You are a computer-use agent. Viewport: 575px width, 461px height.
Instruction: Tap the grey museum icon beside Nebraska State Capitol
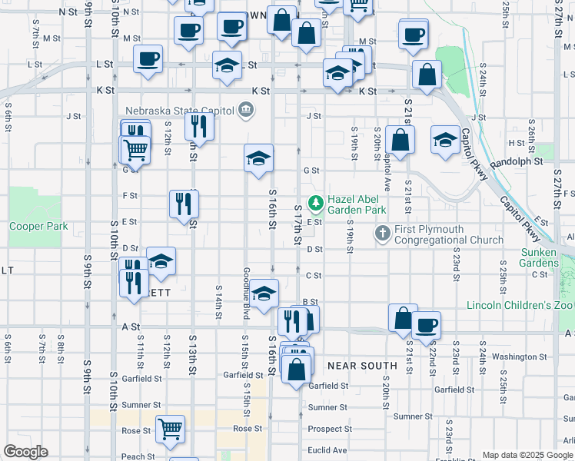245,111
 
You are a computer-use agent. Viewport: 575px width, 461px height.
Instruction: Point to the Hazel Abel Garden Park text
357,204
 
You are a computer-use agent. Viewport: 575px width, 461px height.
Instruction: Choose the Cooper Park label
38,227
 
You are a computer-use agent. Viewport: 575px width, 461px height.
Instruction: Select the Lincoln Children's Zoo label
520,305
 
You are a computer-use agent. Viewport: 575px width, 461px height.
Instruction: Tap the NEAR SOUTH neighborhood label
362,366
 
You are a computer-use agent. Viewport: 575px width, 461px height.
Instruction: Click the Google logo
26,452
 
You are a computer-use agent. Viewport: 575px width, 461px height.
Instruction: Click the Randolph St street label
516,162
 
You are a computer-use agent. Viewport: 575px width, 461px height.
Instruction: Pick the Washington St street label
519,357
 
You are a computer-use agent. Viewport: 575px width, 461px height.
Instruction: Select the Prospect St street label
330,429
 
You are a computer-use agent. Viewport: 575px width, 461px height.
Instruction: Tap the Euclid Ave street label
327,450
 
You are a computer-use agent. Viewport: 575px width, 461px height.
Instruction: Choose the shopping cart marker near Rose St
170,429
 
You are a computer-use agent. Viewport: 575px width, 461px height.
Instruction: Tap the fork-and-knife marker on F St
184,204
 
